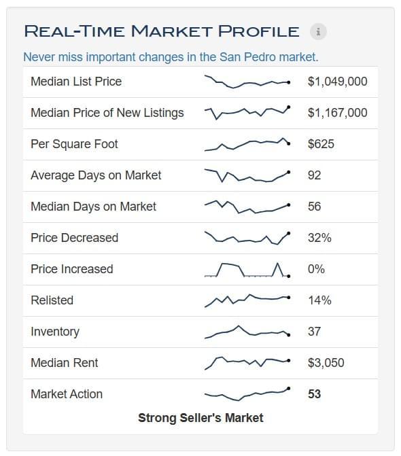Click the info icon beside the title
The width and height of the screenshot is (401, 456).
tap(318, 31)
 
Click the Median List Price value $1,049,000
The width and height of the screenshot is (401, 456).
tap(338, 82)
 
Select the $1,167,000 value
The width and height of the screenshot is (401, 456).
tap(338, 113)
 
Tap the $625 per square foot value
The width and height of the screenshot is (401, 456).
tap(321, 144)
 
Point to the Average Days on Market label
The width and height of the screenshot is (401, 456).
tap(96, 175)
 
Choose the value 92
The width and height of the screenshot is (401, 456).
tap(315, 175)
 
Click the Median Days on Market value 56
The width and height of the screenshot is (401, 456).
tap(315, 207)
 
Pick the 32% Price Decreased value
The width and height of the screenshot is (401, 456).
tap(319, 238)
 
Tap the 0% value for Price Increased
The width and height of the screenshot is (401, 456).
tap(316, 269)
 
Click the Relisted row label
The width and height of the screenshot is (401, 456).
tap(52, 300)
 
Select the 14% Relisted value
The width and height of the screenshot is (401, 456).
tap(319, 300)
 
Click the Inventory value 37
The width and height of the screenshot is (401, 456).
tap(315, 332)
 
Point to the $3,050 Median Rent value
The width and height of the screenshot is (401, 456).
tap(326, 363)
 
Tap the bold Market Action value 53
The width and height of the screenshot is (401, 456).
tap(315, 394)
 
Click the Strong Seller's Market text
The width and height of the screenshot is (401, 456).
tap(201, 418)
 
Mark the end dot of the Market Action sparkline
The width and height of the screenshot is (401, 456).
tap(288, 389)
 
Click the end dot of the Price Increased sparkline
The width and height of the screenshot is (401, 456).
tap(288, 277)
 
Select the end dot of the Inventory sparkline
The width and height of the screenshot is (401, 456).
tap(288, 335)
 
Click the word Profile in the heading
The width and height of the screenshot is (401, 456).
tap(258, 31)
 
